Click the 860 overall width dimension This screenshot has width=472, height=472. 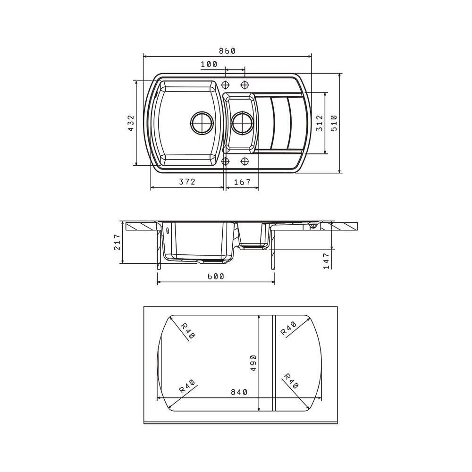[x=227, y=51]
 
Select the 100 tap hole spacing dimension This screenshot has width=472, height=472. [x=209, y=64]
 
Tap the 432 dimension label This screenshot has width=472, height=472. [x=131, y=123]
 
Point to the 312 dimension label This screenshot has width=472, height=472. [x=320, y=123]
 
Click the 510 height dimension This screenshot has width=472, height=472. [x=334, y=123]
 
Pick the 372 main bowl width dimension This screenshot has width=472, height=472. [x=187, y=182]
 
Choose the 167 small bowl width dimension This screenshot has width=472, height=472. [x=242, y=182]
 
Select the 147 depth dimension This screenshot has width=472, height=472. [x=326, y=261]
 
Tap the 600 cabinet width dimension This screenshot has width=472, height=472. [x=216, y=276]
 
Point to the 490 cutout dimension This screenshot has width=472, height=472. [x=253, y=362]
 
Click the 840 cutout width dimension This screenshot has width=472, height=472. [x=239, y=392]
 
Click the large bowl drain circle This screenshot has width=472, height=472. [x=202, y=123]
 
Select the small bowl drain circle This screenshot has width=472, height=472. [x=242, y=123]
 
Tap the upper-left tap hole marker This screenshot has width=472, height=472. [x=225, y=84]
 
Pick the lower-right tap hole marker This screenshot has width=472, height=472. [x=244, y=161]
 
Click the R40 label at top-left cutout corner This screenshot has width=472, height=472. [x=188, y=330]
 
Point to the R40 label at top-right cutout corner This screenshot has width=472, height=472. [x=289, y=328]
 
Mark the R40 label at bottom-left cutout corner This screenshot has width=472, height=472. [x=187, y=386]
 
